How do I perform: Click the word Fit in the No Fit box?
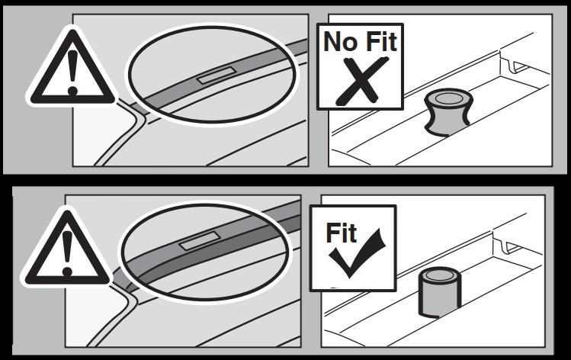point(381,41)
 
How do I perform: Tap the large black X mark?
point(361,81)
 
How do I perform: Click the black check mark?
point(356,252)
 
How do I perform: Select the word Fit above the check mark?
point(341,233)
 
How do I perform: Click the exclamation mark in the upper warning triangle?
point(73,72)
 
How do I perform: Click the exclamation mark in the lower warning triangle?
point(67,253)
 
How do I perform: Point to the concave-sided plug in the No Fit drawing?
point(448,112)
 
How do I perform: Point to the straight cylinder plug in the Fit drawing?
point(440,292)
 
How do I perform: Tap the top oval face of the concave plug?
point(448,98)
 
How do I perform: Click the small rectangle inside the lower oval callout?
point(200,242)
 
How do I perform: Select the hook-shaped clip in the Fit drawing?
point(512,246)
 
